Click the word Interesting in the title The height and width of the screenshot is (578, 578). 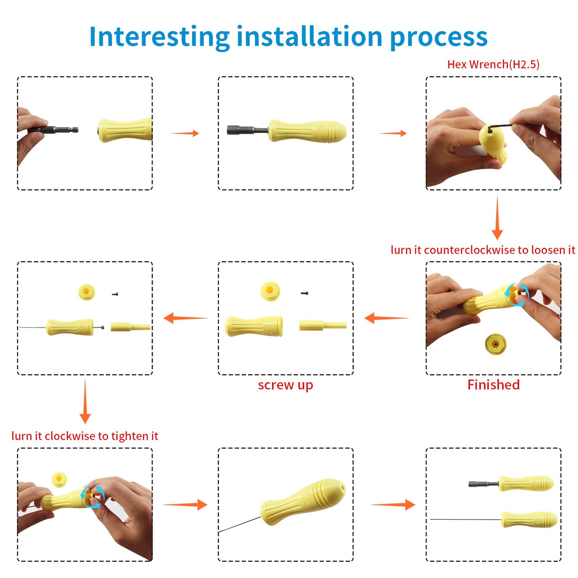coord(159,37)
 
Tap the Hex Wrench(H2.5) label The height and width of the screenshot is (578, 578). coord(493,64)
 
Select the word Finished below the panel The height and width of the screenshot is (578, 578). coord(494,385)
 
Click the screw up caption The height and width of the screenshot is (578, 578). coord(286,385)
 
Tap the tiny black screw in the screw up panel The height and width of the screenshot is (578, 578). coord(305,293)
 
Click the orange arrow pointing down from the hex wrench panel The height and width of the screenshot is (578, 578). coord(497,218)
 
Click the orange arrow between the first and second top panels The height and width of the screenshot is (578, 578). coord(185,133)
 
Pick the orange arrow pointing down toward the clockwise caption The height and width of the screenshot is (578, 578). coord(85,402)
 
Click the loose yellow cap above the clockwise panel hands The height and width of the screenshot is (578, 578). coord(59,479)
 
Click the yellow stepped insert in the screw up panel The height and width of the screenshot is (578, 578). coord(323,326)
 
